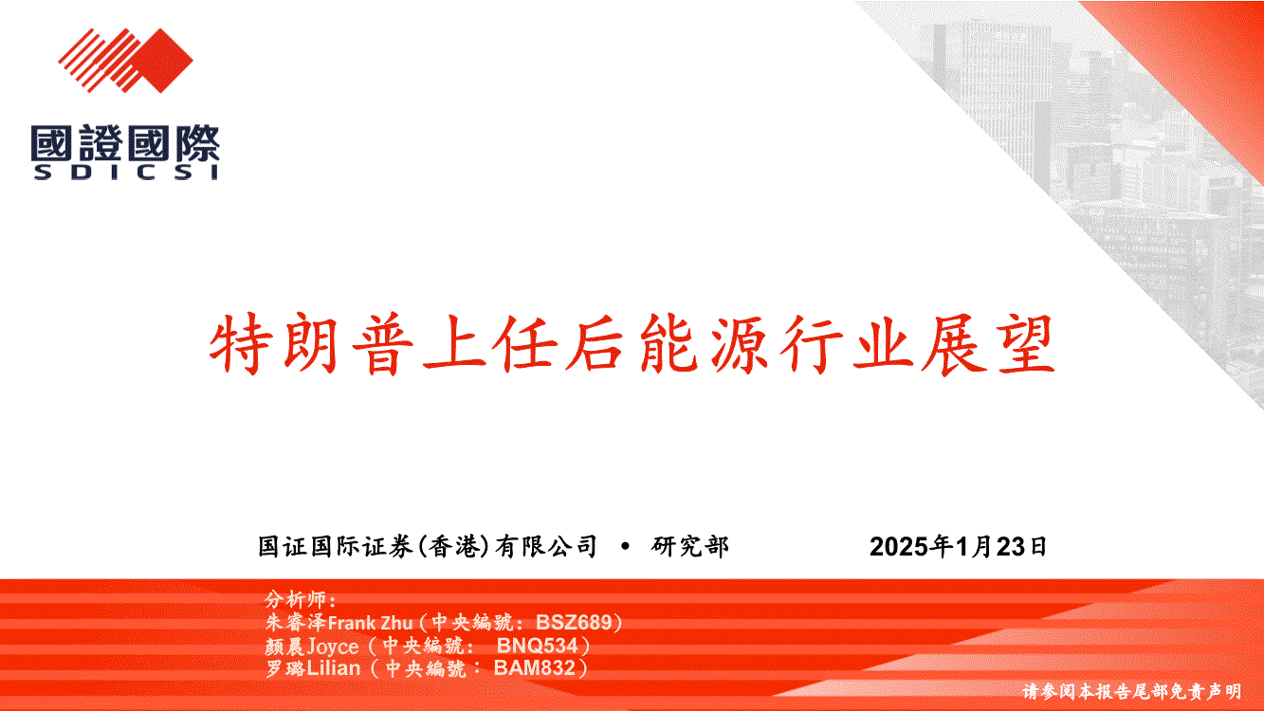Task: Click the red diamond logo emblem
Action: (125, 61)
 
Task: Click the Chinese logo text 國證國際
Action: (125, 143)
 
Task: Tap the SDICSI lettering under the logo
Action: (125, 173)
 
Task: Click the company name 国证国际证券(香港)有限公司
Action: (427, 546)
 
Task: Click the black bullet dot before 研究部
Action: (625, 547)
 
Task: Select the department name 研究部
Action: (689, 546)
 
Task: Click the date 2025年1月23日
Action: (958, 546)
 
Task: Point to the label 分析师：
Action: (302, 599)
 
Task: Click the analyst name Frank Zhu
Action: (370, 623)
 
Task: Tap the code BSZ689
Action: (574, 622)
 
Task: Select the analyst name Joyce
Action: (333, 647)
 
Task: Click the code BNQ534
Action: (538, 645)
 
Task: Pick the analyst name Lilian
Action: (333, 668)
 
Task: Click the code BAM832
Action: (535, 667)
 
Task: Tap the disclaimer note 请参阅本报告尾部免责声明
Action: (1131, 691)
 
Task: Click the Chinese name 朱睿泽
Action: (296, 623)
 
